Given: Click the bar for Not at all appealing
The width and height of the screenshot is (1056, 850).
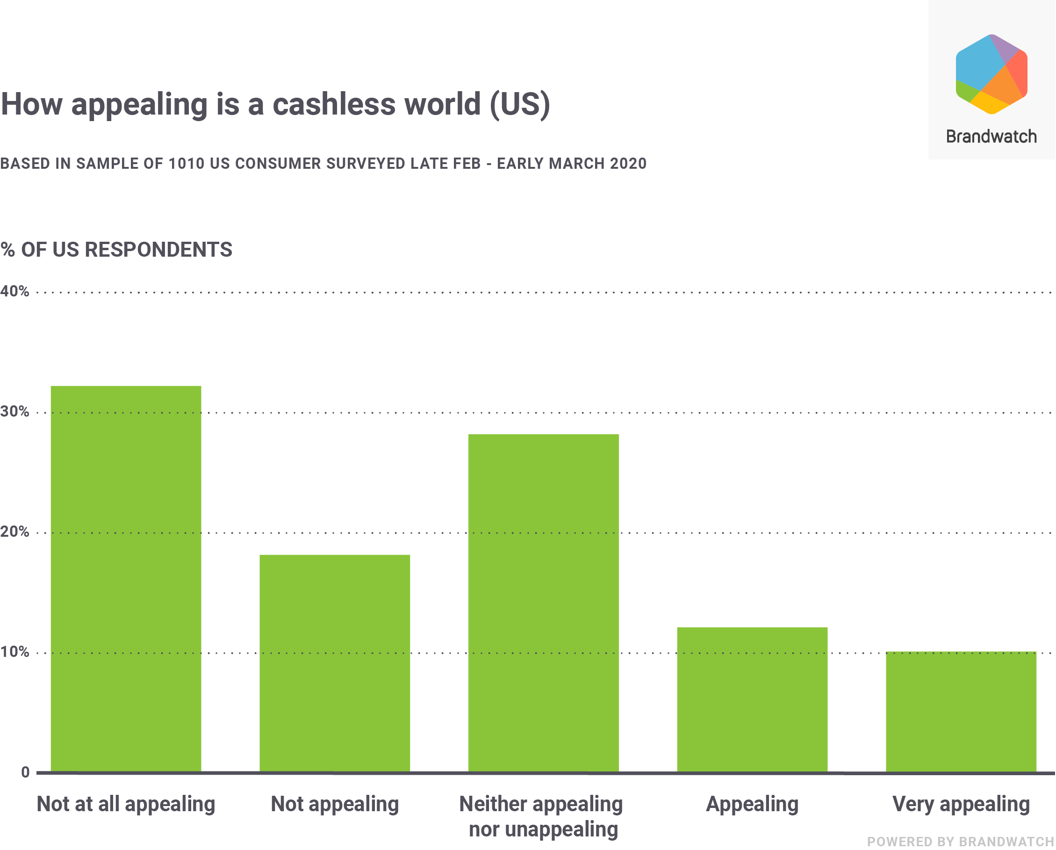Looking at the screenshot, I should click(126, 579).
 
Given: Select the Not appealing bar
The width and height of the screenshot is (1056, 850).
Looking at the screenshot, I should click(335, 664).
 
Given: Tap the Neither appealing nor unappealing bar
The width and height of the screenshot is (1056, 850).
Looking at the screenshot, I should click(543, 603).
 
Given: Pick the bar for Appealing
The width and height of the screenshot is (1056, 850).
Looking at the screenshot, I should click(752, 699).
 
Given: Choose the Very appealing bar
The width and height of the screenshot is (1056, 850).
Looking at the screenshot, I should click(961, 712).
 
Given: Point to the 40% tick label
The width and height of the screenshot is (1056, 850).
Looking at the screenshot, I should click(14, 291).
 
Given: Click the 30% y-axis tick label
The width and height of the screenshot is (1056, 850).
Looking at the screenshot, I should click(14, 411).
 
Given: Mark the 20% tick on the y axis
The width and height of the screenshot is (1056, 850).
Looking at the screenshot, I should click(14, 532).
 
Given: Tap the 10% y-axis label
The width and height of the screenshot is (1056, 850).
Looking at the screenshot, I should click(14, 652).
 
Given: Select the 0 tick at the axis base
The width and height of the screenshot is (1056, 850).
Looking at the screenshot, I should click(25, 772).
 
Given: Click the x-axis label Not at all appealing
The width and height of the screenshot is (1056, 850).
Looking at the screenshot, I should click(126, 805).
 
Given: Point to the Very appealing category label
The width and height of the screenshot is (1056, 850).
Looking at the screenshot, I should click(961, 805).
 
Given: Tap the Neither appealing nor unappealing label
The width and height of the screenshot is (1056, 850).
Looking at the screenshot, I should click(541, 817).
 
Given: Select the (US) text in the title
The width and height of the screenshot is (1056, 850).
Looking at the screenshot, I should click(520, 104).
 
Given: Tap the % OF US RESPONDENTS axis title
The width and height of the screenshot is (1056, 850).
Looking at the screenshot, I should click(116, 250).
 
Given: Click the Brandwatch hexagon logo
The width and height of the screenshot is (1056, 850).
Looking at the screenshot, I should click(991, 74).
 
